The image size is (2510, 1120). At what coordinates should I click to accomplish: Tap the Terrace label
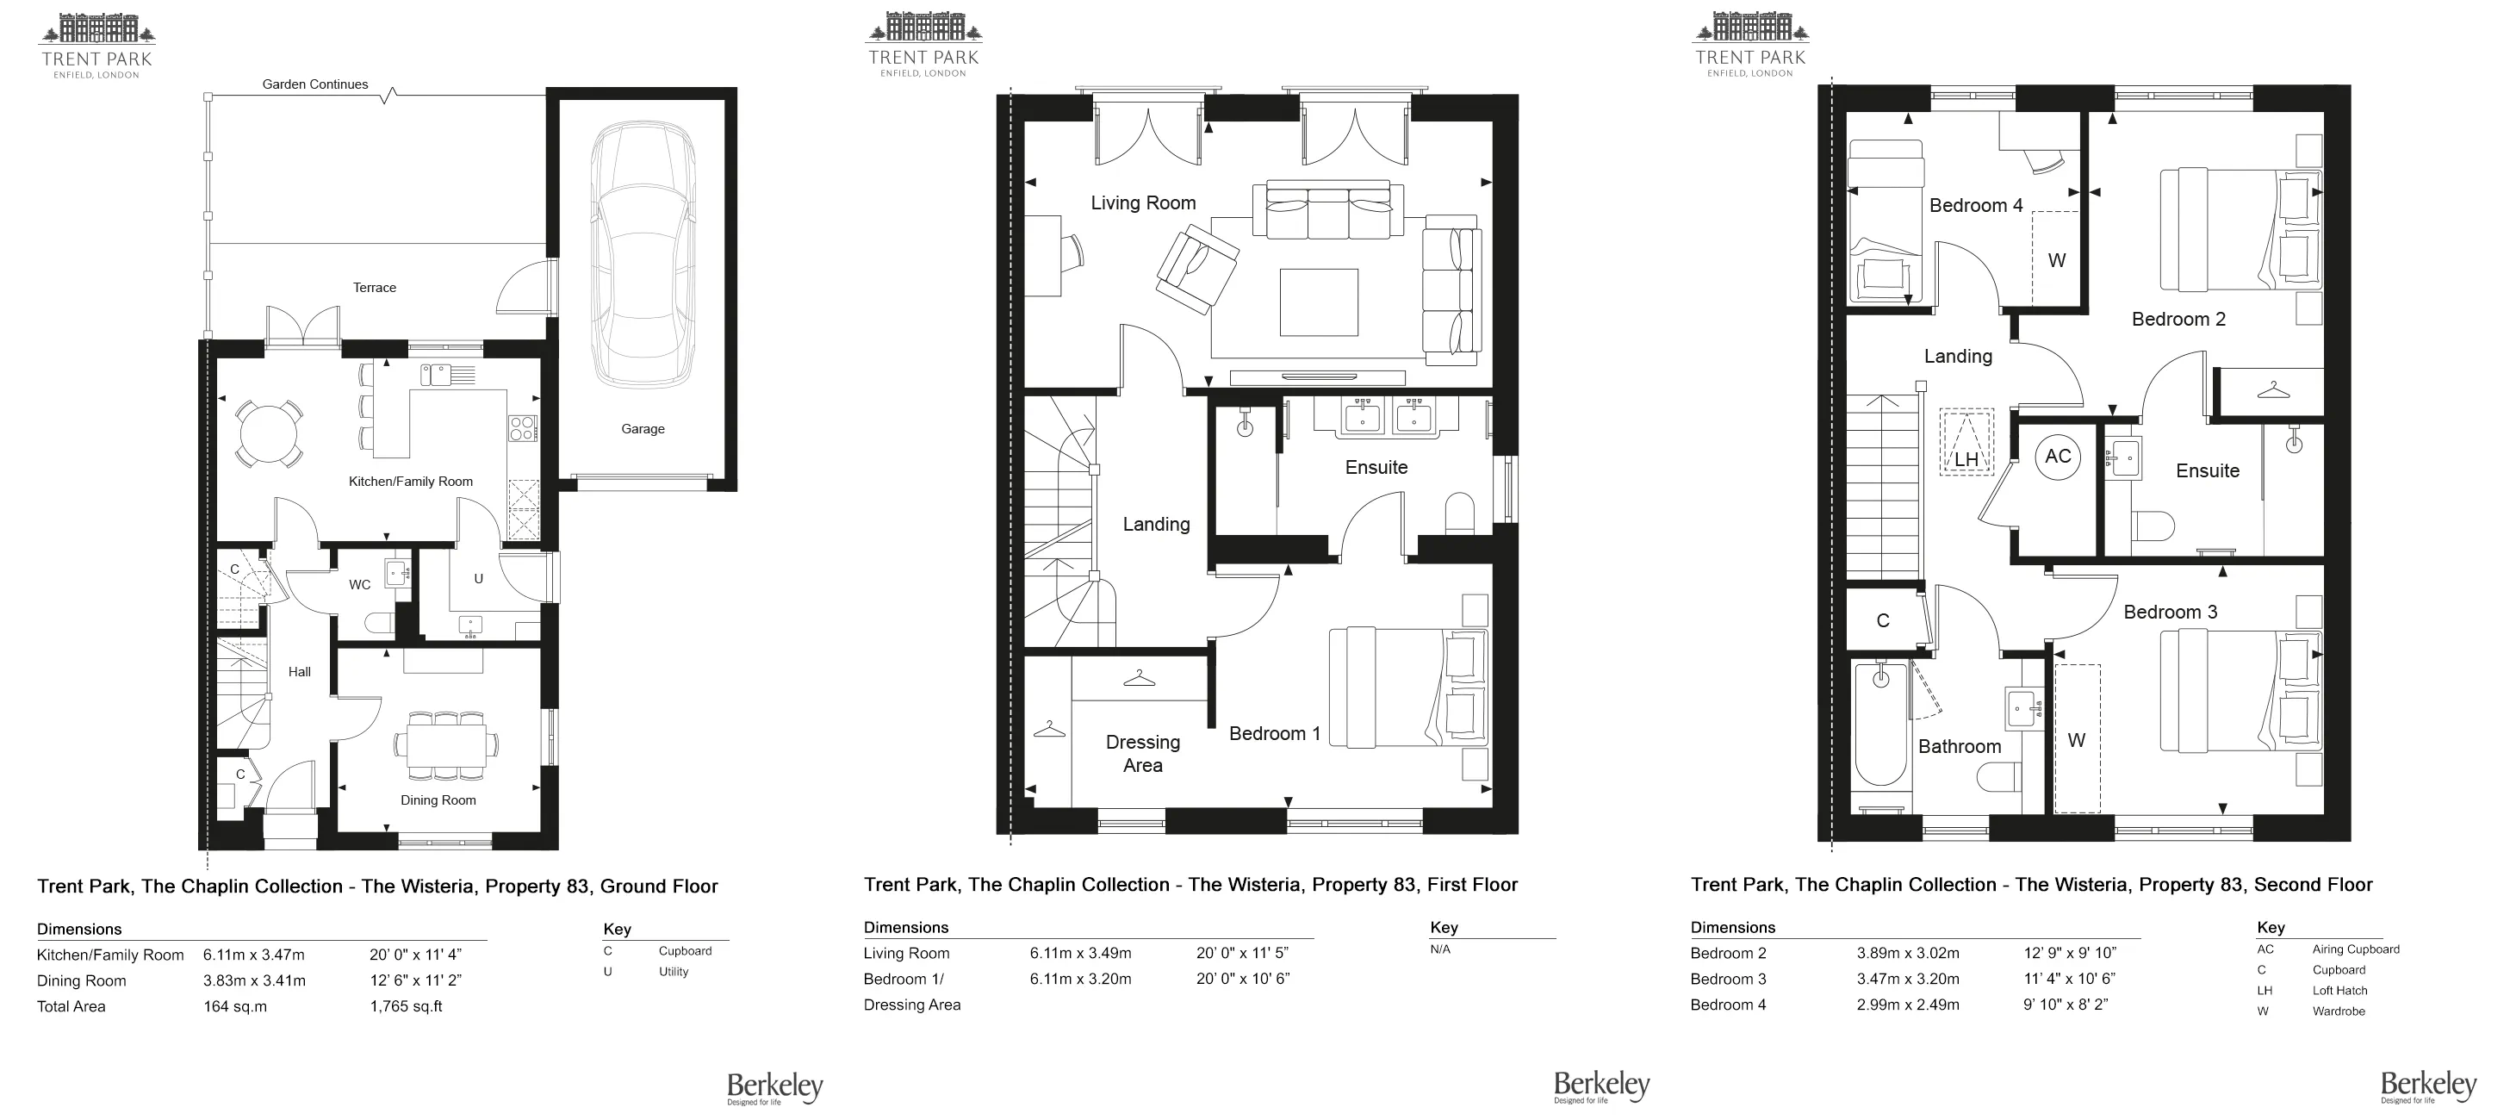pos(374,288)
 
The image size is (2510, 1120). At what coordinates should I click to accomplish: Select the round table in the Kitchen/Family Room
pos(268,433)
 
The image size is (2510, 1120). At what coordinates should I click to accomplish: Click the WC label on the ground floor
pos(359,585)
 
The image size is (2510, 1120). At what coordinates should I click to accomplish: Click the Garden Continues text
pos(314,84)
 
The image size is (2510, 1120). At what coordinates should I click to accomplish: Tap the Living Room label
pos(1143,202)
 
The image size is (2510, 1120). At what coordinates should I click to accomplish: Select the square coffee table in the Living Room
pos(1319,302)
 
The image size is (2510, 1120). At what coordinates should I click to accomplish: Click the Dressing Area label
pos(1143,754)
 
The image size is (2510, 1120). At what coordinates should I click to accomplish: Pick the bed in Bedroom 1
pos(1409,688)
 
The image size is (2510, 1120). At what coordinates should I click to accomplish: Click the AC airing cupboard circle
pos(2058,457)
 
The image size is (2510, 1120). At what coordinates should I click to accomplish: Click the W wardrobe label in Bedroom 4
pos(2057,260)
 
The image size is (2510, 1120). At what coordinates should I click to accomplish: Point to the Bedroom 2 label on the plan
pos(2178,319)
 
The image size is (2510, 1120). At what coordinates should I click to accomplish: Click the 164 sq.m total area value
pos(235,1006)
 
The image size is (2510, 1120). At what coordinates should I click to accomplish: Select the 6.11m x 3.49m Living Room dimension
pos(1081,954)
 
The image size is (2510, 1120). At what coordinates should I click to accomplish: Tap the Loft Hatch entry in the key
pos(2339,991)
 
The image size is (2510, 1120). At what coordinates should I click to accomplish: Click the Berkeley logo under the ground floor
pos(774,1088)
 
